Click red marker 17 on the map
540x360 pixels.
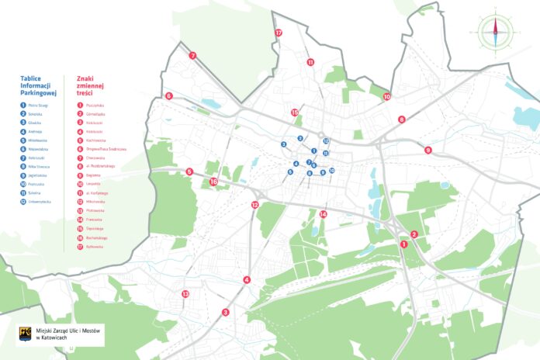pyautogui.click(x=279, y=33)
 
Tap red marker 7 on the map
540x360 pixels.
pyautogui.click(x=192, y=55)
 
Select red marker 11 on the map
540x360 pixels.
pyautogui.click(x=310, y=62)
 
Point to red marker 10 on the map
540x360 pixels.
pyautogui.click(x=387, y=97)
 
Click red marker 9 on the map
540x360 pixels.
pyautogui.click(x=427, y=150)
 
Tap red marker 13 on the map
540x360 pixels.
pyautogui.click(x=185, y=294)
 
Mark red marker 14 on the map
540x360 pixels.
pyautogui.click(x=323, y=213)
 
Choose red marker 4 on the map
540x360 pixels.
pyautogui.click(x=247, y=280)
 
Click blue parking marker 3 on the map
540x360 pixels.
pyautogui.click(x=284, y=145)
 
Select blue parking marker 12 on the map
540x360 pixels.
pyautogui.click(x=327, y=141)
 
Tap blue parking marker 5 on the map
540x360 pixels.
pyautogui.click(x=290, y=171)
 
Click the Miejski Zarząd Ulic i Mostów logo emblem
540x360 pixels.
pyautogui.click(x=24, y=334)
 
